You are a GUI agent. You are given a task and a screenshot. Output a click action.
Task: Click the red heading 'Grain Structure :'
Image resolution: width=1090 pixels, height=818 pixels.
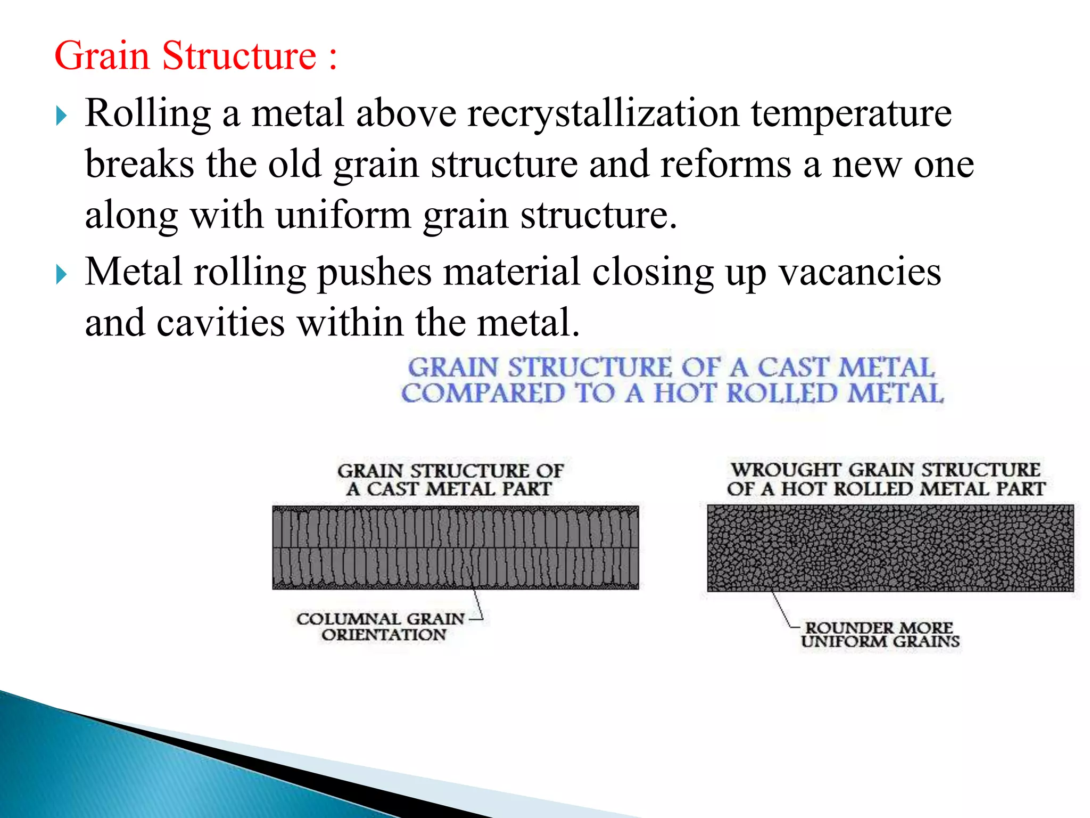coord(195,55)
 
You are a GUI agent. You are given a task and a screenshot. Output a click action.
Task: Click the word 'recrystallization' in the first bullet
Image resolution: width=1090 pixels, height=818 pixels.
coord(603,113)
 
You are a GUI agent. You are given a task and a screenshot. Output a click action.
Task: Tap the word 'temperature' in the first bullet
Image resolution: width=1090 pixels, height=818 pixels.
coord(851,113)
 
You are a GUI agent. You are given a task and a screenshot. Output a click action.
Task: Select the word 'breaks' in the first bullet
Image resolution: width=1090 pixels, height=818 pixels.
coord(139,164)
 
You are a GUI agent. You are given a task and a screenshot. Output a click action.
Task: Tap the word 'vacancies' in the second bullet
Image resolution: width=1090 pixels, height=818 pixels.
coord(860,272)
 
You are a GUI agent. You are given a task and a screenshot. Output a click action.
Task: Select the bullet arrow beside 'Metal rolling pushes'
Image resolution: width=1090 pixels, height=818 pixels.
coord(62,275)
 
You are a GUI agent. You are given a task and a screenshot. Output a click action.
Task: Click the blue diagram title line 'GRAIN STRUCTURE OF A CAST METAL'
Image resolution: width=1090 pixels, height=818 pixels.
coord(671,367)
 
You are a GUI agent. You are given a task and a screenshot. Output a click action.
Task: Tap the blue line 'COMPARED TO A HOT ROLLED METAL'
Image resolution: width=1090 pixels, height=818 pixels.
coord(672,394)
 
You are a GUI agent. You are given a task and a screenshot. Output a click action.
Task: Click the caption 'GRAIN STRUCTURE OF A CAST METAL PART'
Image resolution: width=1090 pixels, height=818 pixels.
coord(450,480)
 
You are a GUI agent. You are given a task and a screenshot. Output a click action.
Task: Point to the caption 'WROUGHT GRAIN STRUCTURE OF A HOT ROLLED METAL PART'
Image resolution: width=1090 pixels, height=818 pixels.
coord(886,479)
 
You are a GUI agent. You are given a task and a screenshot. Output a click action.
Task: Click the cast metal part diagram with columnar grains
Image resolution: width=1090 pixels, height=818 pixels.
coord(455,547)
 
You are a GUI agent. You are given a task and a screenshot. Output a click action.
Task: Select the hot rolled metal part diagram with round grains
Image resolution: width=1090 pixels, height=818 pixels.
coord(890,547)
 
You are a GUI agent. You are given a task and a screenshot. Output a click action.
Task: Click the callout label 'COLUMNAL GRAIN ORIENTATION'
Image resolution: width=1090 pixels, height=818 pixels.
coord(381,627)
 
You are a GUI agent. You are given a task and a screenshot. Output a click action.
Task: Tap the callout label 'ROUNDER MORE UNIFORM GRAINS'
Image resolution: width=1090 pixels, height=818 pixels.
coord(880,635)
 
